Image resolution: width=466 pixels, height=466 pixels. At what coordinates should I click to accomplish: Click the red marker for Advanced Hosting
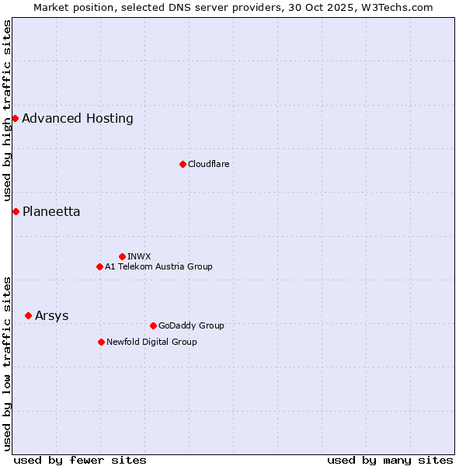pyautogui.click(x=15, y=118)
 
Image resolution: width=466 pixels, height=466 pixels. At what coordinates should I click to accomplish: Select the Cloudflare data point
pyautogui.click(x=183, y=164)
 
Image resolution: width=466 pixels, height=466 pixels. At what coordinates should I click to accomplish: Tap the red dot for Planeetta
pyautogui.click(x=16, y=211)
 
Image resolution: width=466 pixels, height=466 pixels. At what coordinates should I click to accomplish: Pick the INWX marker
pyautogui.click(x=122, y=256)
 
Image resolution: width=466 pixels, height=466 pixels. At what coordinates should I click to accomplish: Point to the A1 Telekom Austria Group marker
pyautogui.click(x=99, y=266)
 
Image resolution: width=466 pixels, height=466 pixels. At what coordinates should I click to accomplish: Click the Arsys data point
pyautogui.click(x=28, y=315)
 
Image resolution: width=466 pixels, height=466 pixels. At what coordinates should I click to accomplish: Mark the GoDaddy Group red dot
pyautogui.click(x=153, y=325)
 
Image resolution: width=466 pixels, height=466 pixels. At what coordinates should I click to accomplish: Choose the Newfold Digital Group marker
pyautogui.click(x=101, y=342)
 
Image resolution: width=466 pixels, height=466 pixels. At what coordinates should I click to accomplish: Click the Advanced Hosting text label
pyautogui.click(x=78, y=119)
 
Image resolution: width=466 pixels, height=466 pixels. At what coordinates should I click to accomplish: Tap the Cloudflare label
pyautogui.click(x=209, y=164)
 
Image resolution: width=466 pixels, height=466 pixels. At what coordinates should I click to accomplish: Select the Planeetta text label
pyautogui.click(x=51, y=212)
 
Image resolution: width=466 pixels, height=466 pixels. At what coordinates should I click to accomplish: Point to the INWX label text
pyautogui.click(x=140, y=256)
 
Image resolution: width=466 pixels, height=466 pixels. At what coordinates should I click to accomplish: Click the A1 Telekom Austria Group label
pyautogui.click(x=158, y=266)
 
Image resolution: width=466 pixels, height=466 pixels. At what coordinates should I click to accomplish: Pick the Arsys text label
pyautogui.click(x=52, y=316)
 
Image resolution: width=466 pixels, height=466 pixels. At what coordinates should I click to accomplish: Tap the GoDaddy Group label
pyautogui.click(x=191, y=325)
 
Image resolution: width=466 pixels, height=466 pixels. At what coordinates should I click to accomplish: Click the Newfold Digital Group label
pyautogui.click(x=151, y=342)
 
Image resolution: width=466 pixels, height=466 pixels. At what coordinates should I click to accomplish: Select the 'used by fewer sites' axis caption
pyautogui.click(x=80, y=460)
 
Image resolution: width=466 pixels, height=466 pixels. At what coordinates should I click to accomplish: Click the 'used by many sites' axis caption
pyautogui.click(x=390, y=460)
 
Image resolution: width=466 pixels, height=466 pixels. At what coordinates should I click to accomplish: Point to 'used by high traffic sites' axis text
pyautogui.click(x=7, y=111)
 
